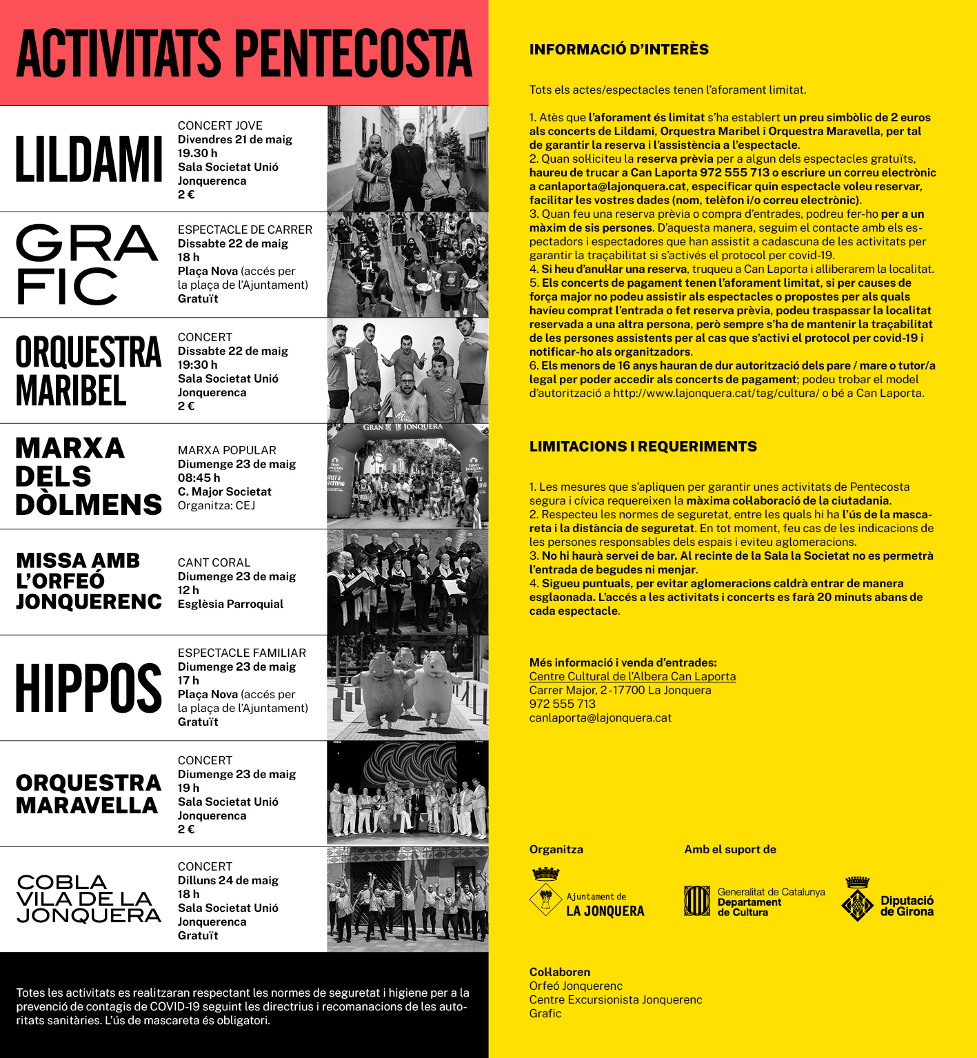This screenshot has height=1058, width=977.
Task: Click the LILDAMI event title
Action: (89, 159)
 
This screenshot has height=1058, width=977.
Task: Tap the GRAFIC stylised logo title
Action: (86, 265)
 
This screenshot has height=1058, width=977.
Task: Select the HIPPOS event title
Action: (89, 689)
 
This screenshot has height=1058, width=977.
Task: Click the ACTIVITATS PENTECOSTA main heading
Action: (244, 54)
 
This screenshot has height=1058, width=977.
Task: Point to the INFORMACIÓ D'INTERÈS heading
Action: (618, 50)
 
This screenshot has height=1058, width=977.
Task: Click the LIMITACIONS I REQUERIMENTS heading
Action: (643, 447)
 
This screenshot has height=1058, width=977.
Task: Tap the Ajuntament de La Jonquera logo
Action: (587, 893)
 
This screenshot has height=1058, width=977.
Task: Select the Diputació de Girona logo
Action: (888, 899)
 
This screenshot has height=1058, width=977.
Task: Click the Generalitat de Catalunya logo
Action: (754, 901)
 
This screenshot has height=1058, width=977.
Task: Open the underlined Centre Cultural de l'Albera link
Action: (632, 676)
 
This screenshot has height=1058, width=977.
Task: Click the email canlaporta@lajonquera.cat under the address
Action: (600, 718)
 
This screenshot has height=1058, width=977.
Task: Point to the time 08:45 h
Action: (199, 478)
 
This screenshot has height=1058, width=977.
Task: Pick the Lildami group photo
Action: (407, 159)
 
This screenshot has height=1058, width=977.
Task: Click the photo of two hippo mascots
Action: (407, 689)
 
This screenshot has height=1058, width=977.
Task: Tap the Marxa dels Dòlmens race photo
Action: (407, 477)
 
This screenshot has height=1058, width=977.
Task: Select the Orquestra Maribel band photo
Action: (407, 371)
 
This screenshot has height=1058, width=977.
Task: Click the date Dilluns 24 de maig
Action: (228, 880)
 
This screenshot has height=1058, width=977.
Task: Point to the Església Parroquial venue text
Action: (230, 604)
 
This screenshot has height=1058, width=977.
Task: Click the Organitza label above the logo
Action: (556, 849)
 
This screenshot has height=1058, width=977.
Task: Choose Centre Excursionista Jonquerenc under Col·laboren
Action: (616, 999)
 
